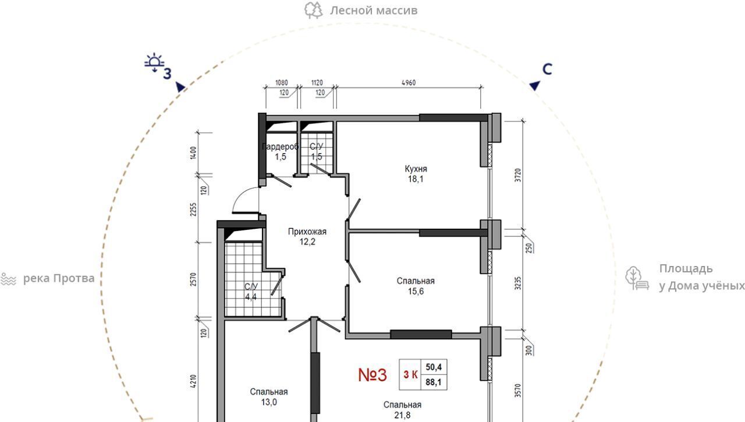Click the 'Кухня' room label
[x=416, y=169]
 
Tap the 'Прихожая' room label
[x=307, y=232]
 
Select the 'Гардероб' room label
[x=281, y=147]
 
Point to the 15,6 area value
[x=416, y=291]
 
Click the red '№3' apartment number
[x=372, y=375]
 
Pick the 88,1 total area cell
[x=434, y=382]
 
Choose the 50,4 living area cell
[x=434, y=367]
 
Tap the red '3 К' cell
[x=410, y=375]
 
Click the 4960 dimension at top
[x=409, y=83]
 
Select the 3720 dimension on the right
[x=518, y=175]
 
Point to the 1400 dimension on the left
[x=193, y=153]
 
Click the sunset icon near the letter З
[x=154, y=62]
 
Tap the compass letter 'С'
[x=547, y=69]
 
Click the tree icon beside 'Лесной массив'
[x=313, y=10]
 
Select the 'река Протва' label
[x=59, y=278]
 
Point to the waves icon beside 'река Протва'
[x=8, y=279]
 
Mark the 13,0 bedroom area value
[x=269, y=402]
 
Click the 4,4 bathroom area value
[x=251, y=297]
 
